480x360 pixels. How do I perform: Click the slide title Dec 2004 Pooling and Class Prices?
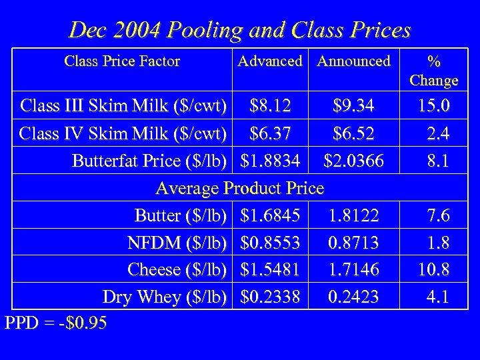pos(240,30)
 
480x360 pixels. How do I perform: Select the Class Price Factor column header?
pos(122,61)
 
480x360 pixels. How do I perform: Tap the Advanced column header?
pos(270,61)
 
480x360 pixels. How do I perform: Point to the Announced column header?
pos(353,61)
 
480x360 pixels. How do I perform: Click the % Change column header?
pos(434,71)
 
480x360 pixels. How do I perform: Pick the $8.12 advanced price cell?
pos(269,105)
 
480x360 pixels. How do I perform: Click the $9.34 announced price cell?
pos(354,105)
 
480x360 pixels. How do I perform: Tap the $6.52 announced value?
pos(354,133)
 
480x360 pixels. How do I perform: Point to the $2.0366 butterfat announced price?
pos(354,161)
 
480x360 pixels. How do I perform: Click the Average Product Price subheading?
pos(239,189)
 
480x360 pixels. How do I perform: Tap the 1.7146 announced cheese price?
pos(353,269)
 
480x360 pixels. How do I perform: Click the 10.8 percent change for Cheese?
pos(433,269)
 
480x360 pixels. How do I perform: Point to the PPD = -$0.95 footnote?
pos(55,323)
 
